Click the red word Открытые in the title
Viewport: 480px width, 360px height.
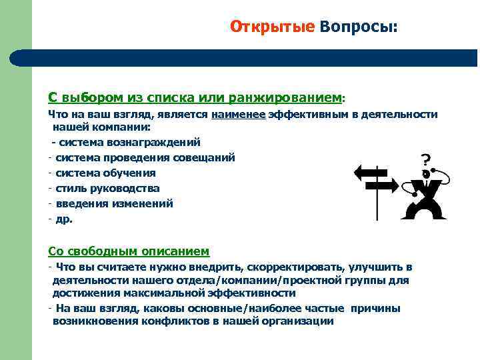[x=271, y=26]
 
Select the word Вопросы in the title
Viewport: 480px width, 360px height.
[x=357, y=26]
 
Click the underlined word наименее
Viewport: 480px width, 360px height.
[x=238, y=115]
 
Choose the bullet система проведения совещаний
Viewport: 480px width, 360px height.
[x=145, y=157]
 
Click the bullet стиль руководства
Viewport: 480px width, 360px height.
[x=107, y=188]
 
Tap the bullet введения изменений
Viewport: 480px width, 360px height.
[x=114, y=203]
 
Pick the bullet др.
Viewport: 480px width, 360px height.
[x=64, y=219]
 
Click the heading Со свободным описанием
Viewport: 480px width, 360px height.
[x=129, y=251]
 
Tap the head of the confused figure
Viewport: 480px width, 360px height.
[x=425, y=175]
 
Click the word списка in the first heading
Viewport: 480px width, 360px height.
[x=171, y=97]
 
